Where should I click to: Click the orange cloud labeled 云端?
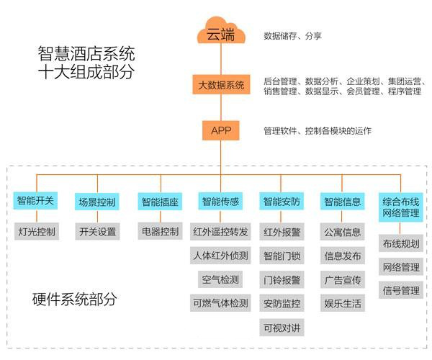(x=221, y=34)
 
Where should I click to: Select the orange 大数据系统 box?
(x=221, y=86)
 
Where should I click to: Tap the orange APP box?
(x=221, y=131)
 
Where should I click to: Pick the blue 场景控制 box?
(x=96, y=201)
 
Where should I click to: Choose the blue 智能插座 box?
(x=159, y=201)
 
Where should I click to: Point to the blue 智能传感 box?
(x=220, y=201)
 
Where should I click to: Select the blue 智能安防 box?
(x=282, y=201)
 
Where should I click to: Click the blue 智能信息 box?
(x=343, y=201)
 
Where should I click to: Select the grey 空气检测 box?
(x=220, y=279)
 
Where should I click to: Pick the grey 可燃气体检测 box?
(x=220, y=302)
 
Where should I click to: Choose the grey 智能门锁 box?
(x=282, y=256)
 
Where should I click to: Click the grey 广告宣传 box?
(x=343, y=279)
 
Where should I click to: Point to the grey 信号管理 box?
(x=401, y=291)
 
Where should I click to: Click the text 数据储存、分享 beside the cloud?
(x=292, y=35)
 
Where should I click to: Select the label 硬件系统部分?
(x=74, y=298)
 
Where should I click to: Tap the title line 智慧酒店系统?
(x=86, y=54)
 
